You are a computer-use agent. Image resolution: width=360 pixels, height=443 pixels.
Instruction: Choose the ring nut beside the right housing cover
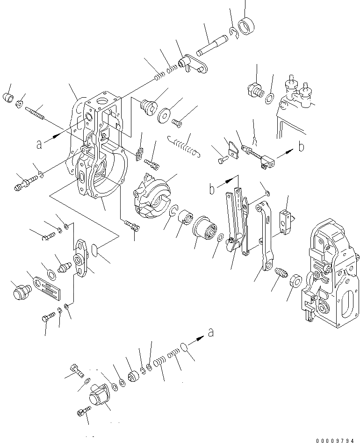pos(295,282)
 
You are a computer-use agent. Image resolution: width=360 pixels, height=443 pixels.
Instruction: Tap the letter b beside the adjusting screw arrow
pos(301,147)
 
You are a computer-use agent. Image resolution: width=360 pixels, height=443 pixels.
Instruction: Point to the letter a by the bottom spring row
pos(211,333)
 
